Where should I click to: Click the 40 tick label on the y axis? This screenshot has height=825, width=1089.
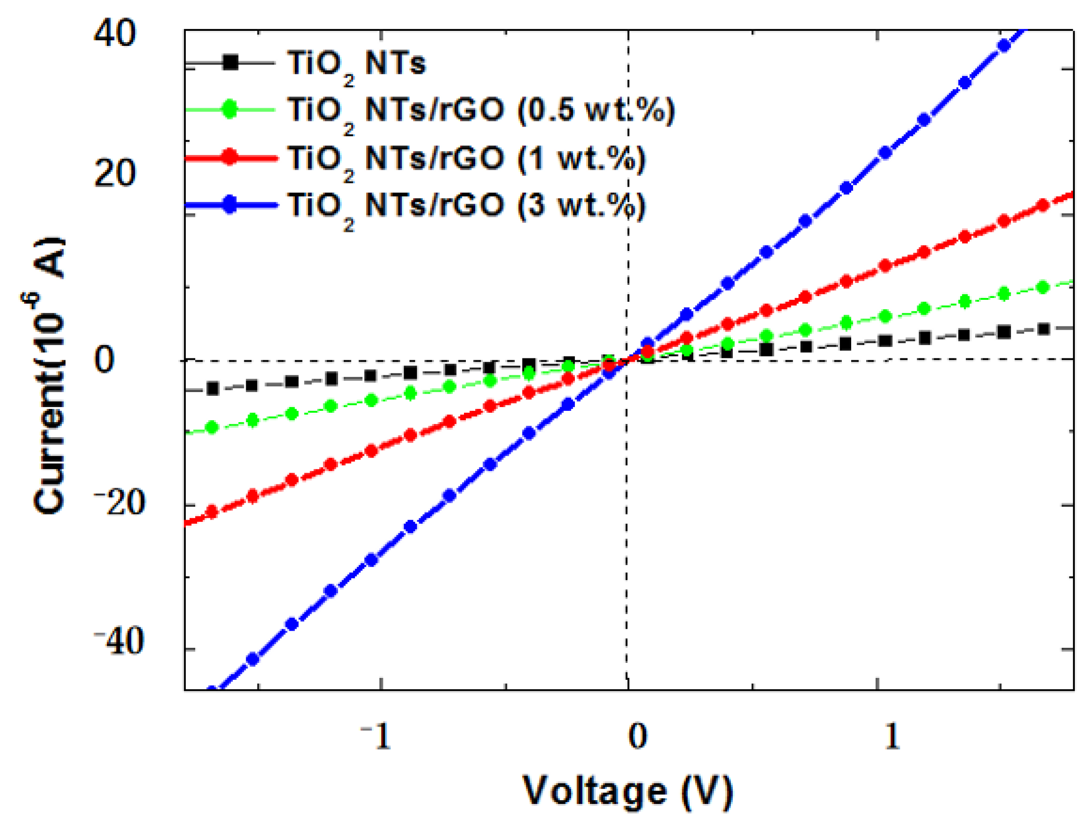point(114,33)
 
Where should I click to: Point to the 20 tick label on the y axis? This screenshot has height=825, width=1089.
point(114,173)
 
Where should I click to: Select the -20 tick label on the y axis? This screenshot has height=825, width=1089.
point(120,503)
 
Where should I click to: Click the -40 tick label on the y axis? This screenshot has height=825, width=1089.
point(120,642)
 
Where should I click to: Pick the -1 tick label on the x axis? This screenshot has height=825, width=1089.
point(376,737)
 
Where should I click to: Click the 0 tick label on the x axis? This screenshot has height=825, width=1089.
point(638,737)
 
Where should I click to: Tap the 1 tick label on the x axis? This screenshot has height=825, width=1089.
point(891,737)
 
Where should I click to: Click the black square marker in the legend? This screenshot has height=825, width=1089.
point(230,63)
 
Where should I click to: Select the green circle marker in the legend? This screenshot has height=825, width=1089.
point(230,109)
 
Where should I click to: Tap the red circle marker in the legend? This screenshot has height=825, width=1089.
point(230,157)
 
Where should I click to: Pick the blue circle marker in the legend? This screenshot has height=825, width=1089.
point(230,204)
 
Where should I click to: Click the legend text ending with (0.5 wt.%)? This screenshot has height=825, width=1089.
point(481,111)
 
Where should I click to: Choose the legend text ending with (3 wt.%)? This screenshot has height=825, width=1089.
point(466,205)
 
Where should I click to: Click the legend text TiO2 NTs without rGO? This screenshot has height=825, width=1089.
point(356,64)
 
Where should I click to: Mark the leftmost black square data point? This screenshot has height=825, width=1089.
point(213,389)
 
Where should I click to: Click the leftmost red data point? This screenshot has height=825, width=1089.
point(212,512)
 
